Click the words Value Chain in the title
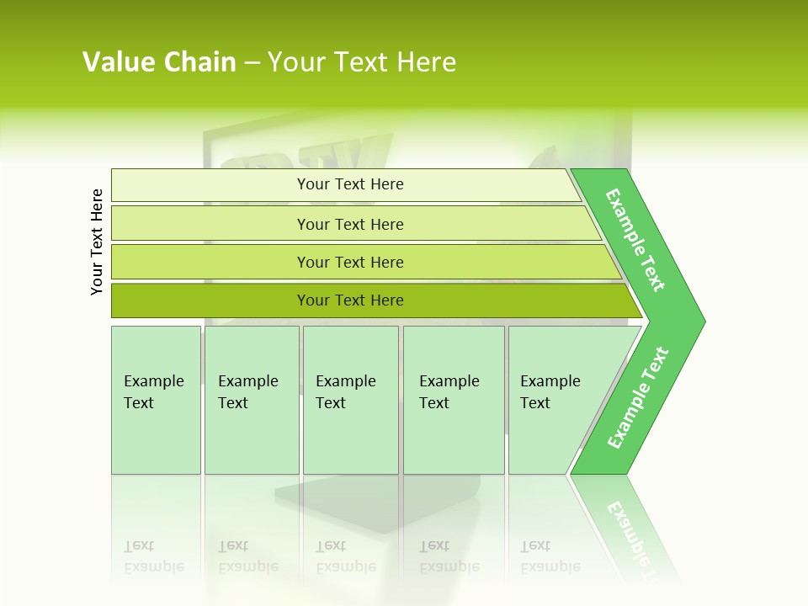(x=159, y=62)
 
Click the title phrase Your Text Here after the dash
(x=362, y=62)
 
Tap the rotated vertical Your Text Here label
(x=97, y=242)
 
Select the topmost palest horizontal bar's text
(x=350, y=184)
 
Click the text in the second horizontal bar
(x=350, y=224)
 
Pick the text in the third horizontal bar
(x=350, y=263)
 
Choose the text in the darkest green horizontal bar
(x=350, y=300)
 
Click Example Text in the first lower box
(x=153, y=392)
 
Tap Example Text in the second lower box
(x=247, y=392)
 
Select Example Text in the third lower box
(x=345, y=392)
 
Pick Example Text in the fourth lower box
(x=449, y=392)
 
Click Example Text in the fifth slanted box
(x=550, y=392)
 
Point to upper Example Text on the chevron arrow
(x=635, y=240)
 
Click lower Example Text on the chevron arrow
(x=638, y=398)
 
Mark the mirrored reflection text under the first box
(x=153, y=556)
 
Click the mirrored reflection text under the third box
(x=345, y=556)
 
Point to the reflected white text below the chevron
(x=631, y=534)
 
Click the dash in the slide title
(x=252, y=63)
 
